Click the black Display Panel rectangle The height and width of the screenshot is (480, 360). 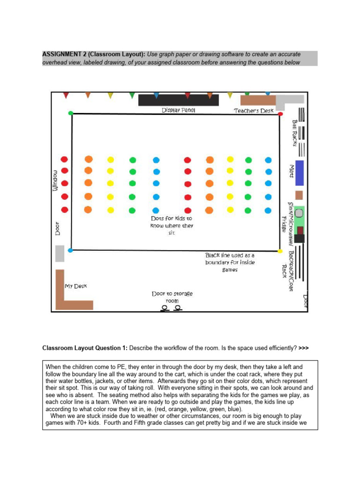coord(178,100)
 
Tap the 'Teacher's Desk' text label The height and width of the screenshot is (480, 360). coord(254,111)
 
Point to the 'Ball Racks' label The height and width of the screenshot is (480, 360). coord(294,132)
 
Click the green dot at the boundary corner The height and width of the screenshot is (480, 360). coord(71,113)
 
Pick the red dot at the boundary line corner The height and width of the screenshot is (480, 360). coord(280,113)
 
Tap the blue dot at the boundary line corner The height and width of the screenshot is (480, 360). coord(70,250)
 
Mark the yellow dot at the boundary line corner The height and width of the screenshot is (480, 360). coord(280,251)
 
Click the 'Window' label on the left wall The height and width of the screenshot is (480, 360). coord(55,180)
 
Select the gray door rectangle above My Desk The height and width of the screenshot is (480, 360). coord(60,253)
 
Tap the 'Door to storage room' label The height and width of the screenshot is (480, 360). coord(172,297)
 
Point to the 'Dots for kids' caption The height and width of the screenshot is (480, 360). coord(171,225)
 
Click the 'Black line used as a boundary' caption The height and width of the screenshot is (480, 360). coord(230,262)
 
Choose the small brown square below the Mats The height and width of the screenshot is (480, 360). coord(299,195)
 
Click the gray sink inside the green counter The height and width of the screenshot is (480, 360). coord(299,213)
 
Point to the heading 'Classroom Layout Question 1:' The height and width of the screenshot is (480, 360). coord(85,348)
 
